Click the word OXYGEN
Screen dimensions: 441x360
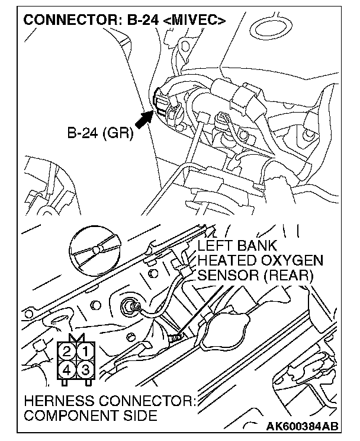coord(292,261)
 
